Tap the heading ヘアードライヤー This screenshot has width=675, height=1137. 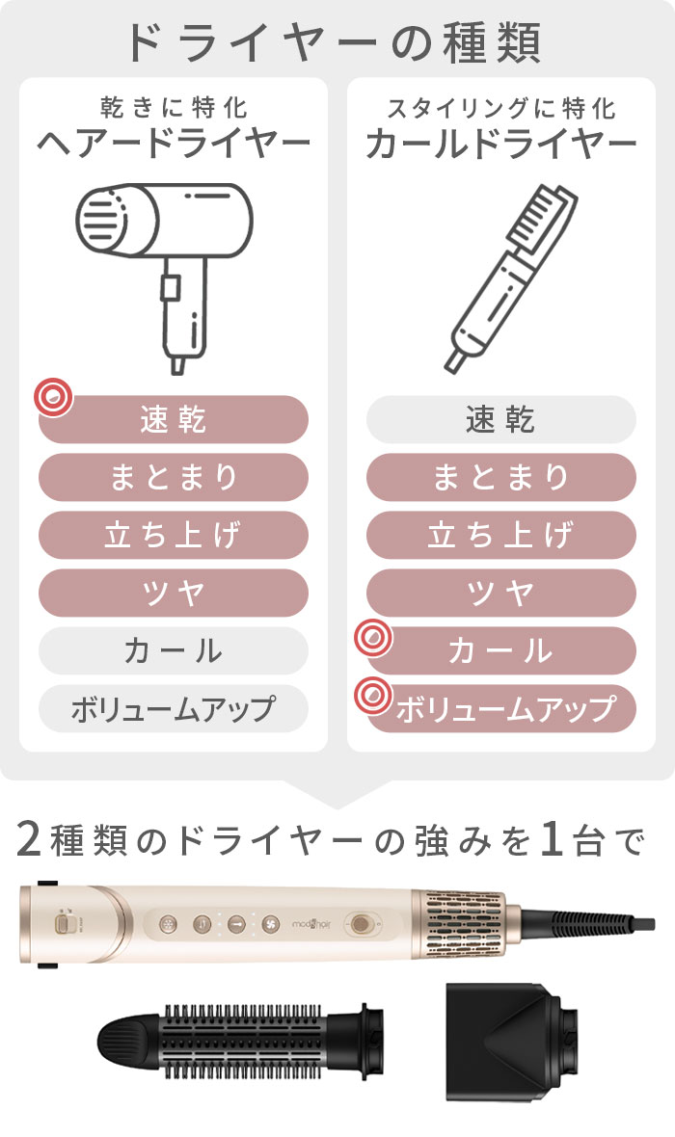(x=174, y=143)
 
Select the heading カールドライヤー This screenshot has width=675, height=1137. (x=500, y=143)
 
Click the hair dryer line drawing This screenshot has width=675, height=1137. (x=166, y=276)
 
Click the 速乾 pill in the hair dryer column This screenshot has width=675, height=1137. (x=174, y=419)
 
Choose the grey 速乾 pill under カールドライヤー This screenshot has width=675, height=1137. (x=500, y=419)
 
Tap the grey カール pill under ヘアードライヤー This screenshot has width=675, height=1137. (x=174, y=650)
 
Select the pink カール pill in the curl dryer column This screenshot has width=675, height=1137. (x=500, y=650)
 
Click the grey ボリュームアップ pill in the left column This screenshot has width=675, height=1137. (x=174, y=708)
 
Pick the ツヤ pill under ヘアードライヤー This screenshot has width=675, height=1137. (x=174, y=593)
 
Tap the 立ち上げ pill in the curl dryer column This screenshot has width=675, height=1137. (x=500, y=535)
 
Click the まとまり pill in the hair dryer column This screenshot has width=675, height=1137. (x=174, y=477)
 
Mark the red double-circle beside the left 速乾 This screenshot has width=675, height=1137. (x=54, y=397)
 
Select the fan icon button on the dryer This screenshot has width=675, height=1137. (x=271, y=924)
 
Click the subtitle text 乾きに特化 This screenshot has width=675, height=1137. (x=175, y=108)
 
